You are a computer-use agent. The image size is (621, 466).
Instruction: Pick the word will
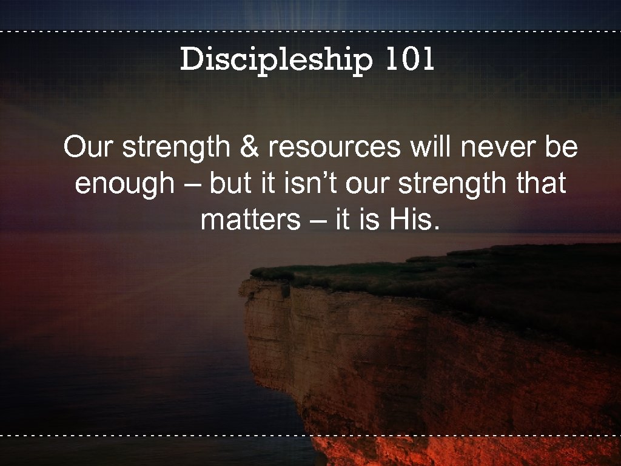click(x=425, y=147)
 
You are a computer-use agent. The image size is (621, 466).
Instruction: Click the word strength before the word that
click(x=462, y=185)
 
